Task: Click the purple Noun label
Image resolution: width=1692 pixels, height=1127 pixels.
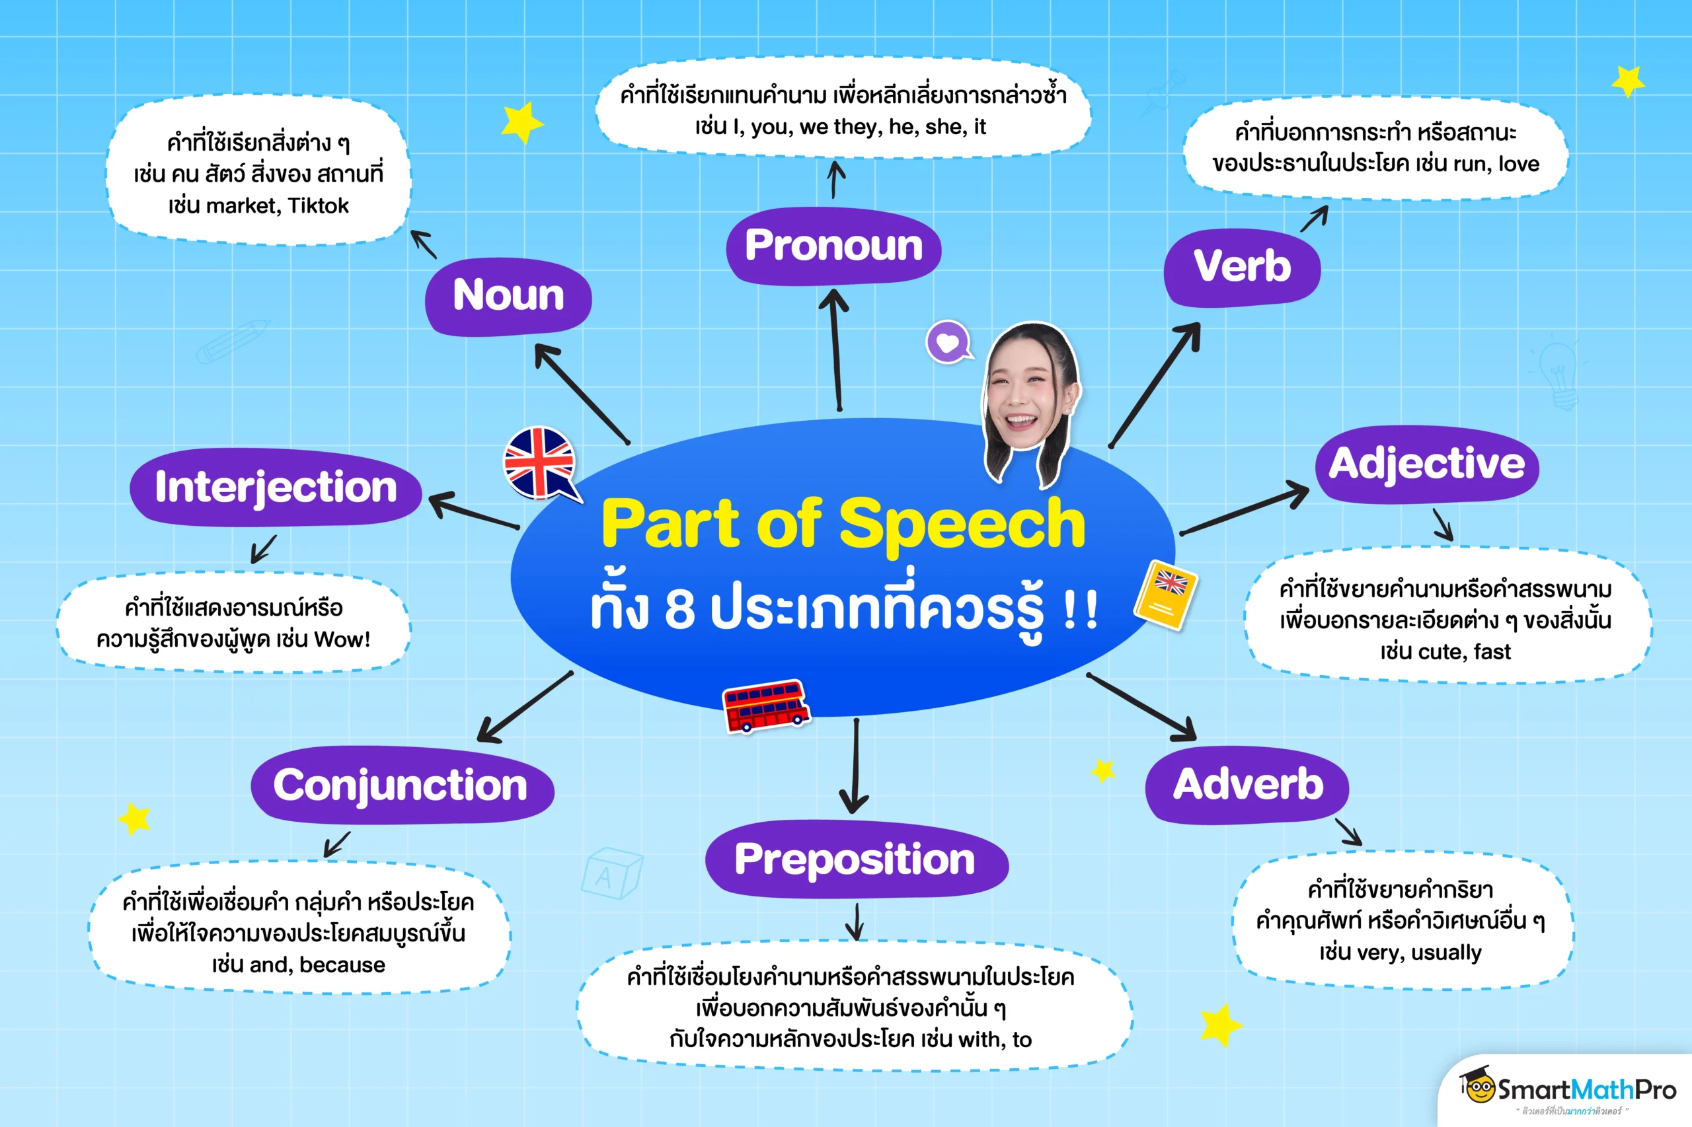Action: pyautogui.click(x=508, y=296)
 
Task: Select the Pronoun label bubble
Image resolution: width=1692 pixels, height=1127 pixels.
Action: pyautogui.click(x=833, y=246)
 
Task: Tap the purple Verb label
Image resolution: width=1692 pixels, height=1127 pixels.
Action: pyautogui.click(x=1242, y=267)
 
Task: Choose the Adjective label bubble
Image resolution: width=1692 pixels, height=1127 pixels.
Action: pyautogui.click(x=1427, y=464)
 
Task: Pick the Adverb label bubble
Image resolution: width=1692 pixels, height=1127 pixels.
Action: pyautogui.click(x=1248, y=784)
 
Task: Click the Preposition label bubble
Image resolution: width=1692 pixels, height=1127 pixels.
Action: pyautogui.click(x=856, y=859)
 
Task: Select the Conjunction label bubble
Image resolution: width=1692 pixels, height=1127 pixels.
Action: pyautogui.click(x=401, y=785)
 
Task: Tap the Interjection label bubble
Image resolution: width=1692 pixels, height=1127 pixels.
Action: pyautogui.click(x=276, y=488)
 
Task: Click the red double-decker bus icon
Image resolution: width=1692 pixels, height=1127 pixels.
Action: pyautogui.click(x=766, y=705)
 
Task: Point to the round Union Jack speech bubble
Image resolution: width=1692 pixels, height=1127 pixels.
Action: pyautogui.click(x=539, y=463)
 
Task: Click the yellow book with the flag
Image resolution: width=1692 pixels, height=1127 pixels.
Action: pyautogui.click(x=1166, y=595)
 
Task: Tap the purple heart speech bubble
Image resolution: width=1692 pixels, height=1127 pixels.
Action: pyautogui.click(x=948, y=342)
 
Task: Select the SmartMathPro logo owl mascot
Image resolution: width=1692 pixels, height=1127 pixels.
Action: pyautogui.click(x=1479, y=1087)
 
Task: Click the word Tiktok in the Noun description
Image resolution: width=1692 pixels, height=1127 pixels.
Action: pyautogui.click(x=318, y=206)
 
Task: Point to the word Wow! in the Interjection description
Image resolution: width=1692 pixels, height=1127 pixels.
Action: pyautogui.click(x=342, y=639)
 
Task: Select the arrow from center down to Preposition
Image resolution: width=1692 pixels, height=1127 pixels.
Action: pyautogui.click(x=855, y=766)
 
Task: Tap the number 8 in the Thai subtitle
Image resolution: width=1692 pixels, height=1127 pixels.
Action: pyautogui.click(x=679, y=610)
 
